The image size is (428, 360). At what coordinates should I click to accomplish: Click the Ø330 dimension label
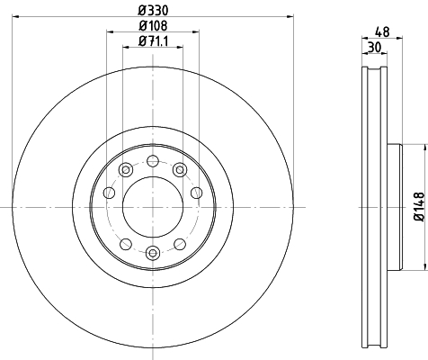point(153,11)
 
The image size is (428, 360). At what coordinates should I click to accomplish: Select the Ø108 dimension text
point(153,26)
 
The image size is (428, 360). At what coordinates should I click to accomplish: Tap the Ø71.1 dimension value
point(153,41)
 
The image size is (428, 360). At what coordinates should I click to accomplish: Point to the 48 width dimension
point(382,31)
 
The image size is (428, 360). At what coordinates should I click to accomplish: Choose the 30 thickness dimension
point(374,48)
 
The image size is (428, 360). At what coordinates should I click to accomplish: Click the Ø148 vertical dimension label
point(419,207)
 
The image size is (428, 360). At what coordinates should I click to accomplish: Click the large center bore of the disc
point(153,207)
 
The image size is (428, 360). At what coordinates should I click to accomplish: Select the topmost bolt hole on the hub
point(153,161)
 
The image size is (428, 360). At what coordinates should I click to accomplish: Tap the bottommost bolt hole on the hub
point(153,253)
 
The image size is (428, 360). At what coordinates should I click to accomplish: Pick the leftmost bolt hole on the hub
point(109,193)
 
